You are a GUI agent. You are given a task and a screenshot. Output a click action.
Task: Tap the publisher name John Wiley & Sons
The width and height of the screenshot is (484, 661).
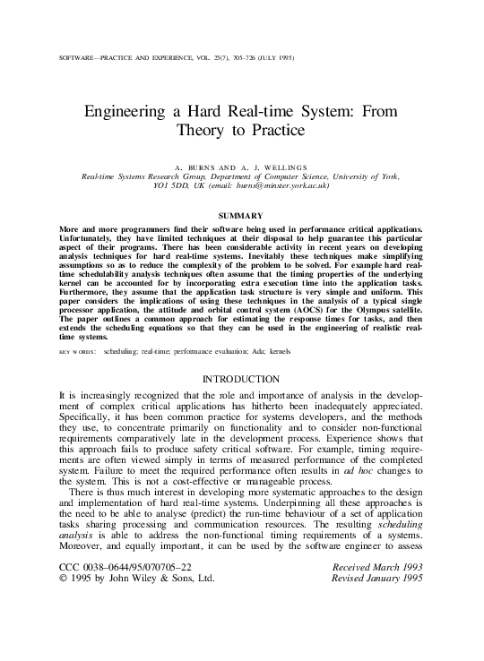(169, 629)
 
